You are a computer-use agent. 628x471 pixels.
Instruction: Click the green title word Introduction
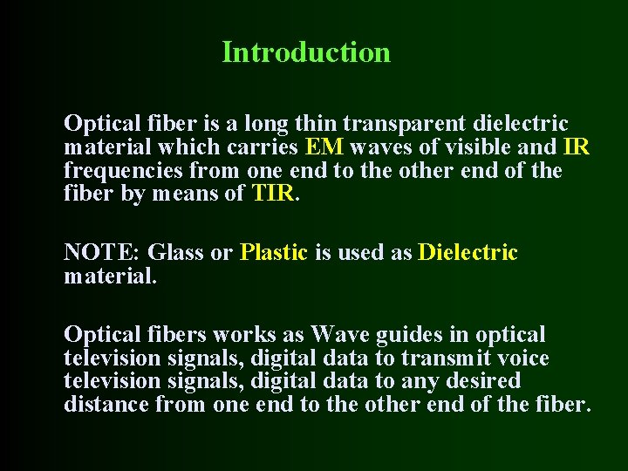tap(306, 52)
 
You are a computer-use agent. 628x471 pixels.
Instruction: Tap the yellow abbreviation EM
tap(324, 147)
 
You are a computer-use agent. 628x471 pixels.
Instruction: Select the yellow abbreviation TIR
tap(274, 194)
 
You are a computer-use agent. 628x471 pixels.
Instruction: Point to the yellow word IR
tap(577, 147)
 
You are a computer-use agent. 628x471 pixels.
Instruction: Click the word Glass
tap(178, 253)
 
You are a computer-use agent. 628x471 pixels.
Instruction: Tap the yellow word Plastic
tap(274, 253)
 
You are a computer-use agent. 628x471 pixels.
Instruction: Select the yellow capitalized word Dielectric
tap(468, 253)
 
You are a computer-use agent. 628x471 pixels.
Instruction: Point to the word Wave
tap(340, 335)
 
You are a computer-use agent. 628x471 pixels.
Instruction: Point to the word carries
tap(263, 147)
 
